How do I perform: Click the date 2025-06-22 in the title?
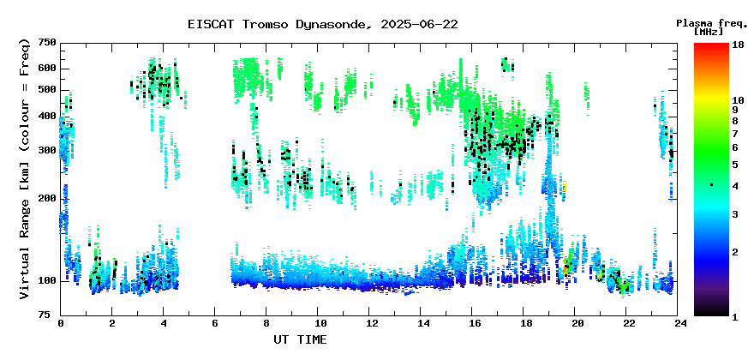click(x=419, y=24)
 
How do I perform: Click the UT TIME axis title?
click(x=300, y=339)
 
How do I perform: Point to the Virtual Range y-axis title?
click(x=25, y=169)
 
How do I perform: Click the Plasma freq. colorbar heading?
click(x=710, y=23)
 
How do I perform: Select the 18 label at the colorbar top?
click(x=738, y=45)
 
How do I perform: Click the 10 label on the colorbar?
click(x=738, y=100)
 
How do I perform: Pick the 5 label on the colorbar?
click(x=735, y=165)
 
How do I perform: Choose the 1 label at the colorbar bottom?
click(x=735, y=317)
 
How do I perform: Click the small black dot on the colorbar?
click(x=712, y=185)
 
